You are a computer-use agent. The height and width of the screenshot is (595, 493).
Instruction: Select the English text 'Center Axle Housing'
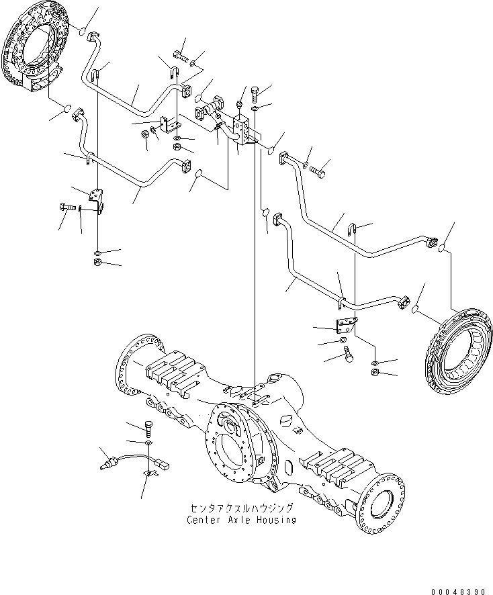(x=242, y=520)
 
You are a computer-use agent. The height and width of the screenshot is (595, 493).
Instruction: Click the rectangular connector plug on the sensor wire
(x=161, y=463)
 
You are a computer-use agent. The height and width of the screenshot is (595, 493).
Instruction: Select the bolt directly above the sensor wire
(x=148, y=427)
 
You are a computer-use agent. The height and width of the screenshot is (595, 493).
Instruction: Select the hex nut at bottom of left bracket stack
(x=98, y=262)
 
